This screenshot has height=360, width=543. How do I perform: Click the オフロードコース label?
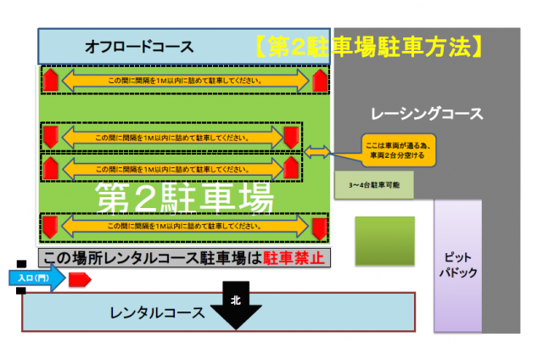(x=139, y=47)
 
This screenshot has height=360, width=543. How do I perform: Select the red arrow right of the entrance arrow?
(x=79, y=278)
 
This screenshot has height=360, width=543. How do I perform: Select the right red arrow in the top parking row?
(x=319, y=82)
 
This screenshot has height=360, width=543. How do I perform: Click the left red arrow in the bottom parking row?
(x=50, y=228)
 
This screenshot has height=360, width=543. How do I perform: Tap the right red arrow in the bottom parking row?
(x=319, y=228)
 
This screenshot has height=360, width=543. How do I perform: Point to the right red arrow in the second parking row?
(x=292, y=137)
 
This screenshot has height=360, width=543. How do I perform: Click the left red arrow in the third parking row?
(x=50, y=166)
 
